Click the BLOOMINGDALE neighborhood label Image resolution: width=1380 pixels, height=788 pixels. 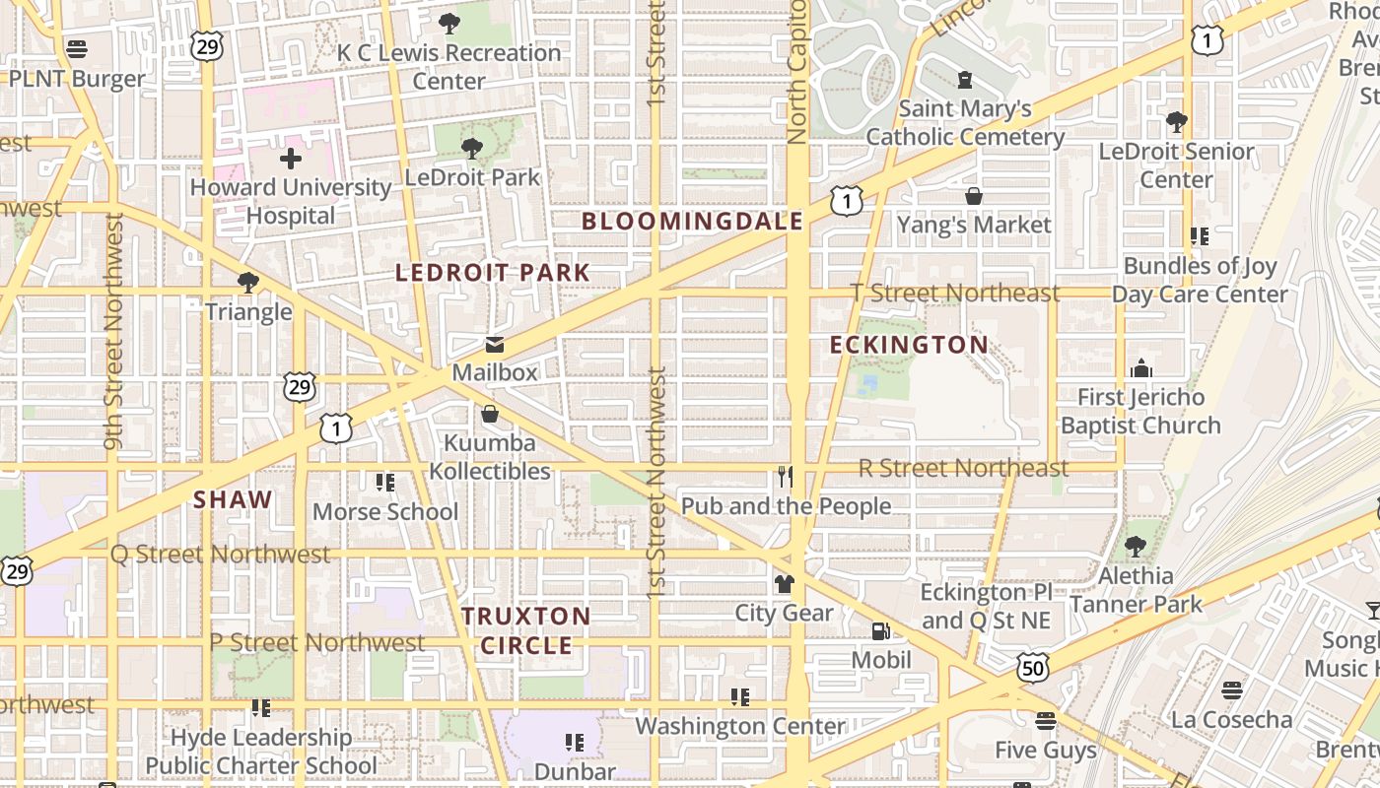(x=692, y=222)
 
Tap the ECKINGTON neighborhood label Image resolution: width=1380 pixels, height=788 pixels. (x=908, y=345)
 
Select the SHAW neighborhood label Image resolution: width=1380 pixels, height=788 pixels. (x=233, y=499)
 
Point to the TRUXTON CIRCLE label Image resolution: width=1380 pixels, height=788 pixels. (x=526, y=630)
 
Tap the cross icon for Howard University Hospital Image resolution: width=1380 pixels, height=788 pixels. (x=291, y=158)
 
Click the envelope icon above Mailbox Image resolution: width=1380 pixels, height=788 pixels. (x=495, y=345)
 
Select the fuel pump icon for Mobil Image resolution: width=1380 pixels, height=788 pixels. (x=880, y=630)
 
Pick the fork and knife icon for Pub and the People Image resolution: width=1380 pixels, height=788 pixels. (x=785, y=478)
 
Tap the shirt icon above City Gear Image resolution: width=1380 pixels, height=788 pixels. (x=784, y=584)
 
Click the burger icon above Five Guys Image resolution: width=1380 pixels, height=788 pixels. (x=1045, y=721)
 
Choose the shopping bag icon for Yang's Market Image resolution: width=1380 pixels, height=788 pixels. (x=974, y=196)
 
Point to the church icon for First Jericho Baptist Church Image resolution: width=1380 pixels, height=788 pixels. (x=1141, y=368)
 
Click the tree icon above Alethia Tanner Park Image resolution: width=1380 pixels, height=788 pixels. (x=1136, y=547)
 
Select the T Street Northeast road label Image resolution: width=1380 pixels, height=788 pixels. (x=955, y=293)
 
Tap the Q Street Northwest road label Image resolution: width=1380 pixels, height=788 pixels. (x=220, y=554)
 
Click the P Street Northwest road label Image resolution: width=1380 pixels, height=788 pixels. (x=316, y=643)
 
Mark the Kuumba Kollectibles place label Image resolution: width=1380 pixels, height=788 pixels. (x=490, y=457)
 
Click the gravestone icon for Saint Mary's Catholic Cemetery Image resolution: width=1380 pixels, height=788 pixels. (x=965, y=80)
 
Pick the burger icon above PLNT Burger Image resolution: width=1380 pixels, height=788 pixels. (x=77, y=49)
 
